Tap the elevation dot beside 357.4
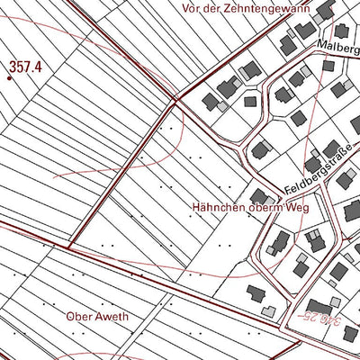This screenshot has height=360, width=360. click(x=10, y=76)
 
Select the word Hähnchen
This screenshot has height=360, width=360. click(x=215, y=206)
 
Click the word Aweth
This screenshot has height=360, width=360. click(x=112, y=317)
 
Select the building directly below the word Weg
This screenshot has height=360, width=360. click(x=279, y=240)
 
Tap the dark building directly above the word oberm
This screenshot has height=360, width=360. click(x=259, y=196)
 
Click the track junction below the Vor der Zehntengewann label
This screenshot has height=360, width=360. click(x=175, y=98)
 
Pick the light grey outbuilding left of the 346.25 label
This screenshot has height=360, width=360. click(x=268, y=311)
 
